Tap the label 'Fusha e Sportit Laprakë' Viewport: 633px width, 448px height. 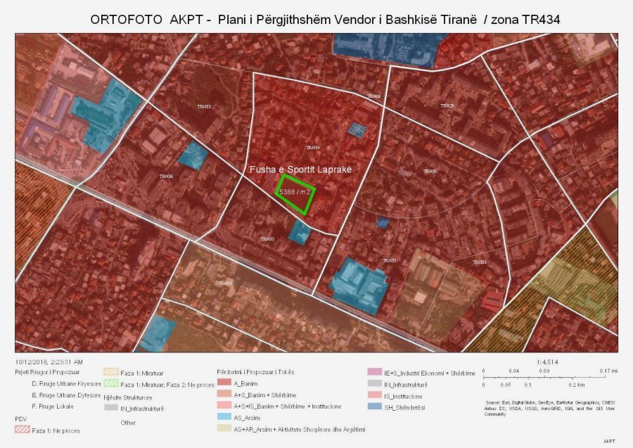pyautogui.click(x=300, y=170)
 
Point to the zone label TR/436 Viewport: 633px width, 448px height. pyautogui.click(x=166, y=176)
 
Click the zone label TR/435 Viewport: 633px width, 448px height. pyautogui.click(x=267, y=239)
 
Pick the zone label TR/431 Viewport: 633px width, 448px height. pyautogui.click(x=430, y=171)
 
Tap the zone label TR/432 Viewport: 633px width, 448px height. pyautogui.click(x=390, y=260)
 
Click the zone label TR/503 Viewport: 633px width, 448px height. pyautogui.click(x=480, y=262)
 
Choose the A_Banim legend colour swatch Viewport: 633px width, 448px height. pyautogui.click(x=224, y=383)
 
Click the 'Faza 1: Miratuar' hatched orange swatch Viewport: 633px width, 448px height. pyautogui.click(x=110, y=373)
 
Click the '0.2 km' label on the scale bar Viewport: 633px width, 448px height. pyautogui.click(x=576, y=385)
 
